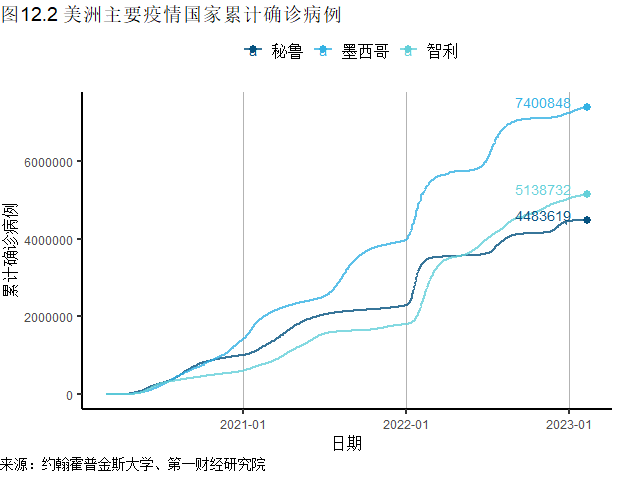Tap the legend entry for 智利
(430, 51)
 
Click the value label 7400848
(542, 104)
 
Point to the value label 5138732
(542, 190)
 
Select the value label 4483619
(542, 217)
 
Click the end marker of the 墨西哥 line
(587, 107)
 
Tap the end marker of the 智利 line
(587, 194)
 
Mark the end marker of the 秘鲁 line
(587, 220)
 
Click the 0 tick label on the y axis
(68, 395)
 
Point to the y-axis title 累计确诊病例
(11, 251)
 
